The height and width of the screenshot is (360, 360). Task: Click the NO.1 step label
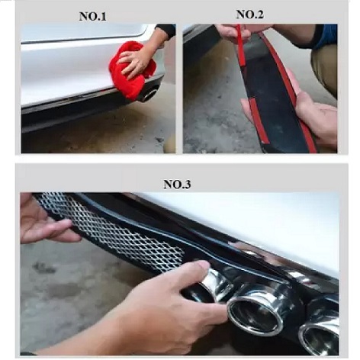[92, 17]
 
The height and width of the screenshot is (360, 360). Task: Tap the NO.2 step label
[250, 14]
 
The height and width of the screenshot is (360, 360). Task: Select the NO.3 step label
[177, 184]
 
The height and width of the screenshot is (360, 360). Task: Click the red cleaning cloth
[131, 70]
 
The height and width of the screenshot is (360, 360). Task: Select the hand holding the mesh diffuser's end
[44, 223]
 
